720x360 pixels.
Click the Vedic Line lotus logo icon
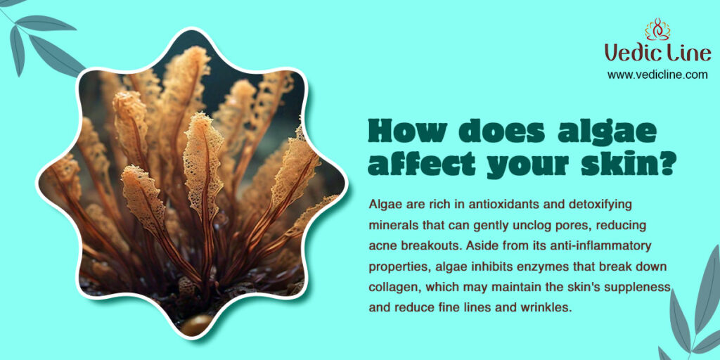pos(657,29)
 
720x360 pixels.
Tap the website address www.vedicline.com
pos(657,75)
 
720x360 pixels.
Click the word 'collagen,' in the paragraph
pos(395,287)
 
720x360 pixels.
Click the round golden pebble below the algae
pos(196,325)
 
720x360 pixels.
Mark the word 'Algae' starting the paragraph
pos(381,205)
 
